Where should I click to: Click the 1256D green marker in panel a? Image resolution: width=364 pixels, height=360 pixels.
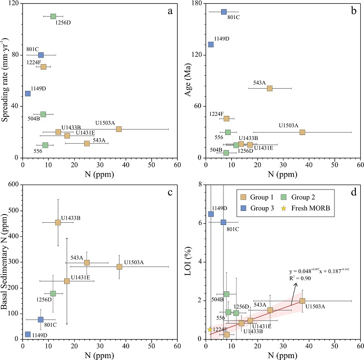pos(53,16)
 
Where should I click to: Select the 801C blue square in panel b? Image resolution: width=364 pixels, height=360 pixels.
pos(224,12)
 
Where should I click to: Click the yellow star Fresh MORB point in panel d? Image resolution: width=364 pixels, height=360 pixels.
pos(210,330)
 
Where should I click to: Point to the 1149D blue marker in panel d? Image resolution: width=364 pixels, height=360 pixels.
pos(211,214)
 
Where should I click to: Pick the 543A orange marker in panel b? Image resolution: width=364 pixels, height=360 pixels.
pos(269,88)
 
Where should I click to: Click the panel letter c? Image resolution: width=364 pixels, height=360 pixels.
pos(170,193)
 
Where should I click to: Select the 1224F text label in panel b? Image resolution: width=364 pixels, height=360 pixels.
pos(216,114)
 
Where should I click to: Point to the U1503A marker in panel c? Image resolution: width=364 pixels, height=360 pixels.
pos(119,267)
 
